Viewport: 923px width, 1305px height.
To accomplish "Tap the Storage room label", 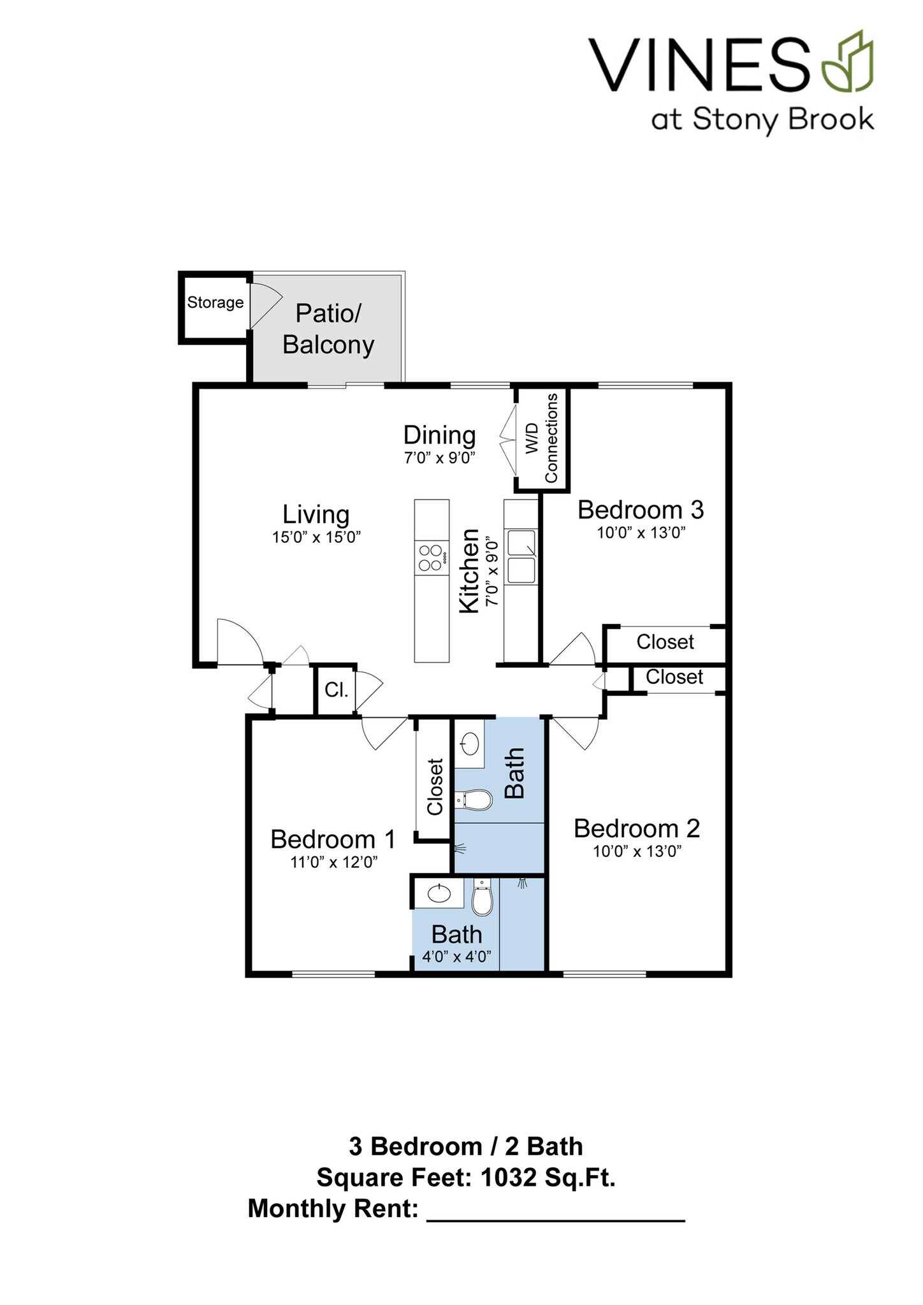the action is tap(215, 302).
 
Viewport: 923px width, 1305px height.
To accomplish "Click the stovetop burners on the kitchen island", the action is tap(432, 557).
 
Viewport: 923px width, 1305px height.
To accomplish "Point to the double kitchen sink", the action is tap(521, 556).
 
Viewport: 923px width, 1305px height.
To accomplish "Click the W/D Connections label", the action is tap(541, 438).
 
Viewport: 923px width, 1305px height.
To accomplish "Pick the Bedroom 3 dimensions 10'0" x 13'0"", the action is tap(641, 533).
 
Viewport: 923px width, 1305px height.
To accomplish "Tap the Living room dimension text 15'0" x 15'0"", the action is tap(317, 537).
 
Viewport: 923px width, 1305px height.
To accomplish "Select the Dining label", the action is tap(440, 435).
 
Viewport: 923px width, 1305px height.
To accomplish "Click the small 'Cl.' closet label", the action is tap(336, 689).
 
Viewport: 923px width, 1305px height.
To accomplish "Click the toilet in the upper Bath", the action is tap(474, 800).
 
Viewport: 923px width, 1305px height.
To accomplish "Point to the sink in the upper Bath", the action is tap(470, 743).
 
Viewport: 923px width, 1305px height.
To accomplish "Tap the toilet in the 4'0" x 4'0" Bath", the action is tap(483, 898).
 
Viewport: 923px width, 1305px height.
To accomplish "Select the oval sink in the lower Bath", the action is tap(439, 894).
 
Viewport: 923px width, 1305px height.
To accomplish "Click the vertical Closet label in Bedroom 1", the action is tap(435, 787).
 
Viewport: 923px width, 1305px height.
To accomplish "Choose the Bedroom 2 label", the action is tap(637, 828).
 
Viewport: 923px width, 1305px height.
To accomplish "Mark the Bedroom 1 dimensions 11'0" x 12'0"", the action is tap(334, 862).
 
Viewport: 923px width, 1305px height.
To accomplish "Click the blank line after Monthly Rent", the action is tap(555, 1221).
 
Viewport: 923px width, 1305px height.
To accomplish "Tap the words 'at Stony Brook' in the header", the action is tap(762, 120).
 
